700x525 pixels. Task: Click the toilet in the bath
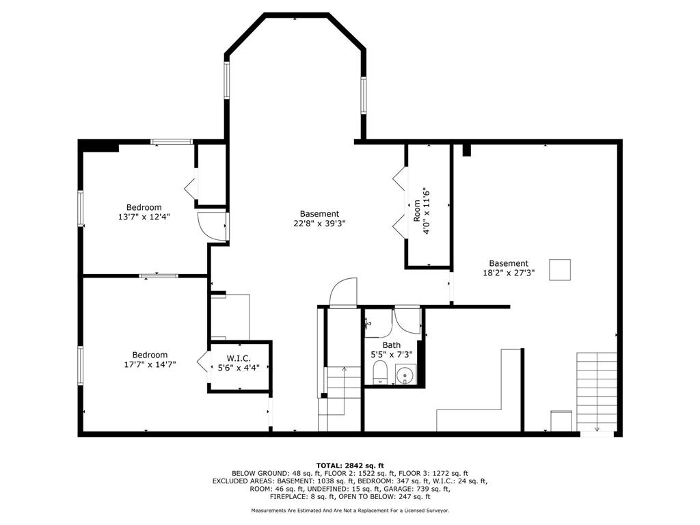pos(380,373)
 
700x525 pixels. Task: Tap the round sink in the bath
pos(405,374)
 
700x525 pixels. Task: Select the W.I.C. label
pos(239,358)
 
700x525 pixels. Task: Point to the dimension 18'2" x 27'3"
pos(509,273)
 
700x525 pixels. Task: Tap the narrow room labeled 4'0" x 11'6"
pos(429,206)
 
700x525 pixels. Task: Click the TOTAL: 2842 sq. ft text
pos(350,466)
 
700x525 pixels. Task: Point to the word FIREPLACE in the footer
pos(286,497)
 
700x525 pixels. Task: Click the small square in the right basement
pos(560,269)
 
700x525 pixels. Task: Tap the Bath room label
pos(392,345)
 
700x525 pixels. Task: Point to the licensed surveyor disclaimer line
pos(350,510)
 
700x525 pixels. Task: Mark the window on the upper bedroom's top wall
pos(172,142)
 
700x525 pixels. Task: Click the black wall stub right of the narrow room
pos(466,150)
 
